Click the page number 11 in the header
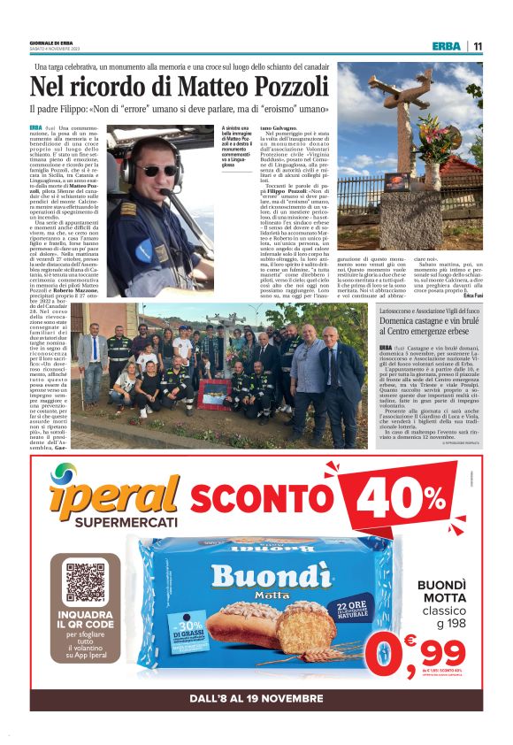(x=477, y=47)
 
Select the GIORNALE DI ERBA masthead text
(x=51, y=42)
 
